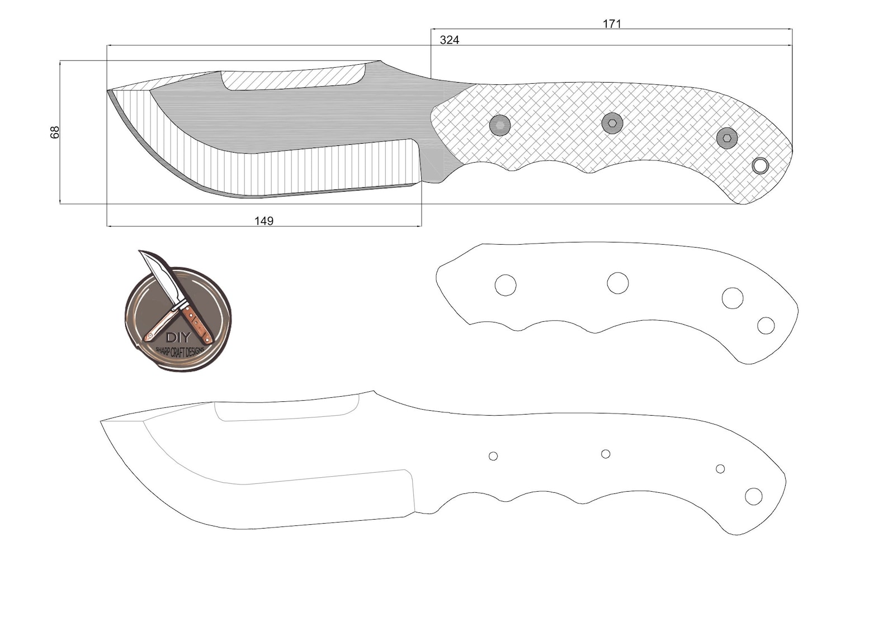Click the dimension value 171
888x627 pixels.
(612, 23)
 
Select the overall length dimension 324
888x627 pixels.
(450, 40)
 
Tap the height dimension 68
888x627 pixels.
(55, 132)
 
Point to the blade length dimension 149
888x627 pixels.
(264, 221)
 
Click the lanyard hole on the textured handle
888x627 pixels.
(760, 165)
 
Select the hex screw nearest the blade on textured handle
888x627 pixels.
(500, 125)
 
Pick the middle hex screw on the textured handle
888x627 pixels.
(612, 123)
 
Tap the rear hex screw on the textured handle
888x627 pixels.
(727, 137)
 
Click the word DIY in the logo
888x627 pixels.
(178, 338)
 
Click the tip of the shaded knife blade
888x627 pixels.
(108, 91)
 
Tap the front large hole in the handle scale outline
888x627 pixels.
(506, 285)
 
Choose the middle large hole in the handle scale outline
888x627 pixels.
(618, 283)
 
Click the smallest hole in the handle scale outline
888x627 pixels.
(766, 325)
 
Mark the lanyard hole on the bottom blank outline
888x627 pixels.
(754, 496)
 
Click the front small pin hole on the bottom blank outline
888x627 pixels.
(493, 456)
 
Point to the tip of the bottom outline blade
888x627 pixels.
(102, 421)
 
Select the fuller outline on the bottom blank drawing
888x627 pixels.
(285, 410)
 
